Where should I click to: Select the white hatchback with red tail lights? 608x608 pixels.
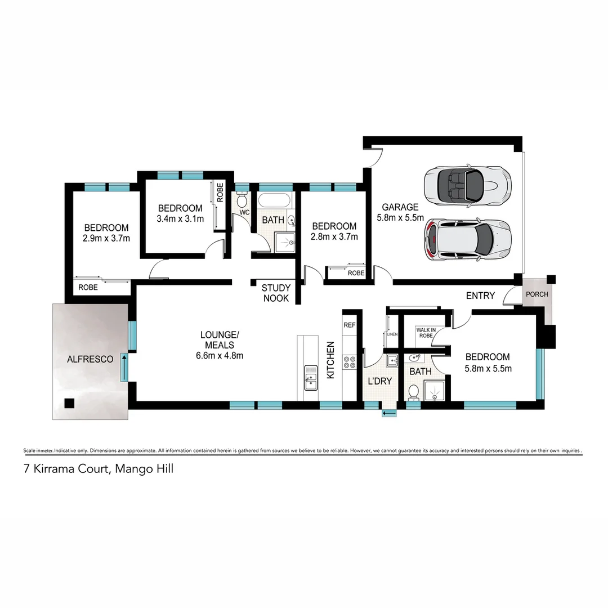[468, 240]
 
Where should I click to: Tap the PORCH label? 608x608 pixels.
[536, 294]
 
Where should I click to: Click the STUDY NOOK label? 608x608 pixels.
[276, 293]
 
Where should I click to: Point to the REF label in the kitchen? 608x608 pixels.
[350, 325]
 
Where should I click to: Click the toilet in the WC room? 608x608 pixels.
[242, 200]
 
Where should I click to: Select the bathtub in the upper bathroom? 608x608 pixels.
[275, 200]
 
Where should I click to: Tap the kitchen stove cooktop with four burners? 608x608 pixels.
[350, 361]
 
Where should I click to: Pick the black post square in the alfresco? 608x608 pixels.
[69, 403]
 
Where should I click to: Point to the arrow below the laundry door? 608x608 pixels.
[388, 414]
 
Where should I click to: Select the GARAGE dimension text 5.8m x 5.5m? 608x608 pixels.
[400, 217]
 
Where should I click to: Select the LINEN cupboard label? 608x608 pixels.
[392, 334]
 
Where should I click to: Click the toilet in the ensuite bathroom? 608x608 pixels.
[413, 392]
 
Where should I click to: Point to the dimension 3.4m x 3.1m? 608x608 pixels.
[180, 218]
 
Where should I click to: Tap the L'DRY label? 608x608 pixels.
[379, 381]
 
